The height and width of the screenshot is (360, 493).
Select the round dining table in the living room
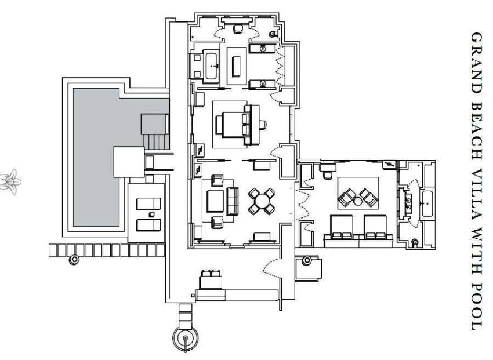[262, 201]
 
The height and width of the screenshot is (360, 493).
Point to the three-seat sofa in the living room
[233, 201]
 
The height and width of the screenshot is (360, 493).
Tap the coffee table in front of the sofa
[215, 201]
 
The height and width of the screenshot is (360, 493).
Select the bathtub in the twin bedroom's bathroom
[427, 203]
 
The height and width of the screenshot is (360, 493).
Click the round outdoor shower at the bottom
[186, 339]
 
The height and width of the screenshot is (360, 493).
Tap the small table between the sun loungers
[151, 214]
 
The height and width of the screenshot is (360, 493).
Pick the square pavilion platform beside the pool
[129, 162]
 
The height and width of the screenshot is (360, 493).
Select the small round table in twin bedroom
[357, 201]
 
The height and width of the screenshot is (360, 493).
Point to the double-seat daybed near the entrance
[211, 279]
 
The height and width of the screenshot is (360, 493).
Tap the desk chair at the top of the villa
[238, 28]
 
